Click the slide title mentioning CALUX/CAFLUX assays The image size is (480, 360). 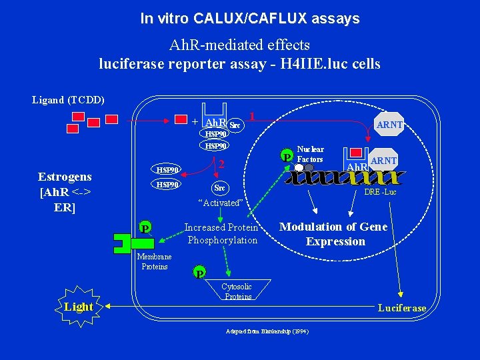(x=249, y=19)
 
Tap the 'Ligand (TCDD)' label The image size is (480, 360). (x=68, y=100)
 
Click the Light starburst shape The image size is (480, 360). (x=79, y=307)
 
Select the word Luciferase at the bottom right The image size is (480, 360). (x=401, y=307)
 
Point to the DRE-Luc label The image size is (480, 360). (x=380, y=192)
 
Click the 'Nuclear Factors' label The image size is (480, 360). (x=310, y=154)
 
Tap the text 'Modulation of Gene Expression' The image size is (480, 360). (x=333, y=234)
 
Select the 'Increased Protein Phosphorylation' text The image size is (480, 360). (x=221, y=233)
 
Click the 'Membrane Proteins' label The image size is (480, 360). (x=154, y=261)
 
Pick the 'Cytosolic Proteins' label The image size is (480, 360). (x=237, y=291)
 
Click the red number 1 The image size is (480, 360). (x=251, y=116)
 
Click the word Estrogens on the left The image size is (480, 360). (x=65, y=177)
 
